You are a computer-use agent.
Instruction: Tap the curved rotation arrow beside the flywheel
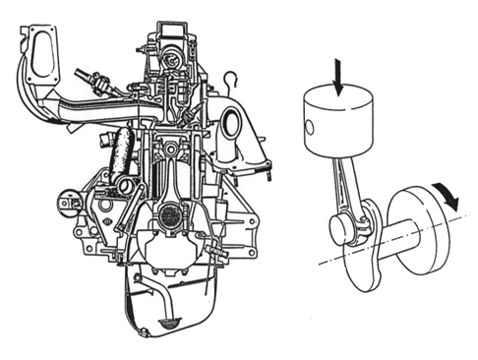pos(448,196)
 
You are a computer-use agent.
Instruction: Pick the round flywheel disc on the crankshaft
pos(419,227)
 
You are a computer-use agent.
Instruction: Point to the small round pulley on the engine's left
pos(67,204)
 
